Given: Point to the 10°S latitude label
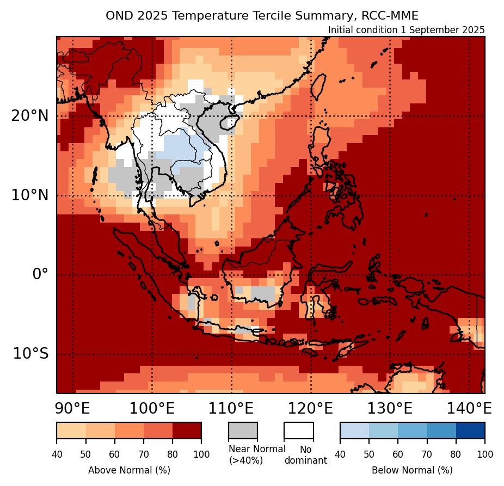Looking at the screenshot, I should point(30,354).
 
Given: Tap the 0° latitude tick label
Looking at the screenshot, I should point(40,274).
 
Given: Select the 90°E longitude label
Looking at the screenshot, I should point(73,408).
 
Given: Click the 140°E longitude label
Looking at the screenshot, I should point(469,408).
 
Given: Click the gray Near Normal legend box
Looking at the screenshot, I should point(242,430).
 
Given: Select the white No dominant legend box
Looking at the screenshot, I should point(298,430).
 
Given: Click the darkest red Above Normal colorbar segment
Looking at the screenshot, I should point(187,430).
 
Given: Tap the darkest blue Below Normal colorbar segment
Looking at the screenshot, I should point(470,430).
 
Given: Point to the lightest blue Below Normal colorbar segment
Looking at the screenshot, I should point(354,430).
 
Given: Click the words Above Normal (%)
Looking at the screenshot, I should point(129,470).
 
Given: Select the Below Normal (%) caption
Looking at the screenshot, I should point(412,470).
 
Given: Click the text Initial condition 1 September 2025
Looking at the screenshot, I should point(406,30).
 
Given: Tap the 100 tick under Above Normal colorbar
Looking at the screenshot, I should point(201,454).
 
